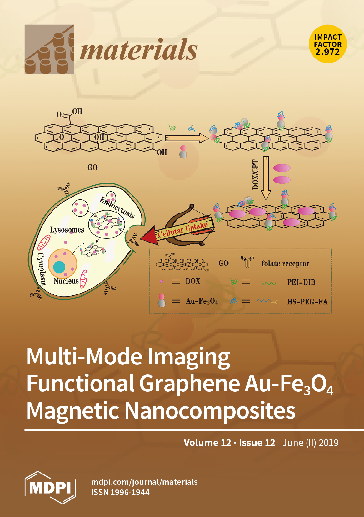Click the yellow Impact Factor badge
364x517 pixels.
(x=328, y=44)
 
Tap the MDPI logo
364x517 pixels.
(x=50, y=487)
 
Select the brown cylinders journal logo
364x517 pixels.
(x=49, y=49)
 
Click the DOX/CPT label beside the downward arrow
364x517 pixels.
(x=255, y=175)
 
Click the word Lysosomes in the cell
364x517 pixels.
(x=67, y=230)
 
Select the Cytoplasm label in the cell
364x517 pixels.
(x=41, y=269)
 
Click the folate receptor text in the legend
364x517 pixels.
(x=285, y=264)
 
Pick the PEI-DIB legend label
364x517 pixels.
(x=301, y=282)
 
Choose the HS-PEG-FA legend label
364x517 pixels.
(x=307, y=302)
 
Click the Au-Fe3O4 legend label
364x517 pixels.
(x=202, y=301)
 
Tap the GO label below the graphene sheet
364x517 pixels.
(x=92, y=168)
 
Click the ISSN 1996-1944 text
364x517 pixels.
(x=120, y=492)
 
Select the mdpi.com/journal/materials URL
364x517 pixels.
(x=144, y=482)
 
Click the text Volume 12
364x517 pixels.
(x=207, y=443)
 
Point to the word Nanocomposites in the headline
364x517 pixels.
(x=210, y=410)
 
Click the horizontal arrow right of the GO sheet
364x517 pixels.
(x=187, y=138)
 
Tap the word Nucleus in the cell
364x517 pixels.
(x=66, y=281)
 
